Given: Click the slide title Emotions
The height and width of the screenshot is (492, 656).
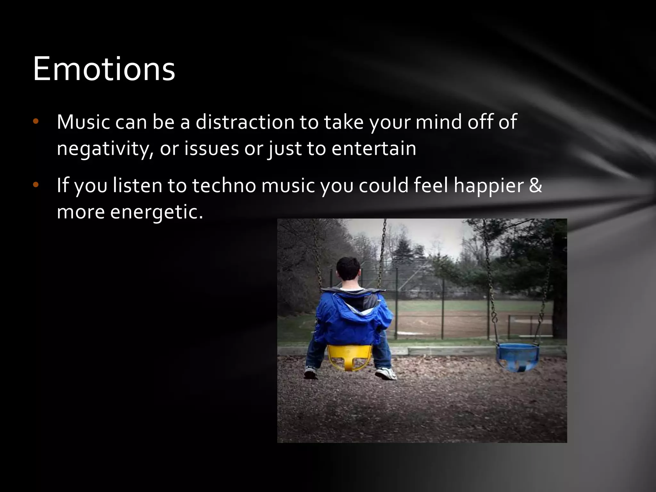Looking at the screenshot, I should click(x=104, y=69).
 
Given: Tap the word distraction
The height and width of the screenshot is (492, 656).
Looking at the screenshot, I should click(x=245, y=122).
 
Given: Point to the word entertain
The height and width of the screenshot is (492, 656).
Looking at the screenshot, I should click(x=374, y=148).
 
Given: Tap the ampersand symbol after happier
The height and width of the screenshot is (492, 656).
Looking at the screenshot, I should click(x=536, y=185).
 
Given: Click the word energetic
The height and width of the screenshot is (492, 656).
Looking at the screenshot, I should click(x=157, y=212).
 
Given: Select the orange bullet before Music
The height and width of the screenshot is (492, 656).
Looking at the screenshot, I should click(x=36, y=121).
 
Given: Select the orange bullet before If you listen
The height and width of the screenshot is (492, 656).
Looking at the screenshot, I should click(x=36, y=185).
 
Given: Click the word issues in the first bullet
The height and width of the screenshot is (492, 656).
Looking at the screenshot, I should click(x=211, y=148).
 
